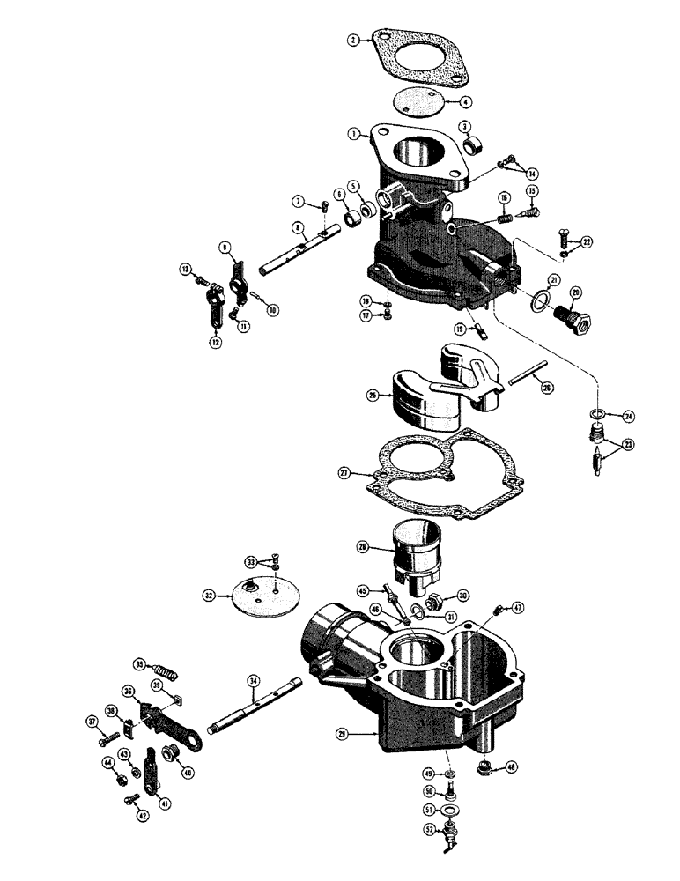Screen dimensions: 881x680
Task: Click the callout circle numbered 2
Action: point(353,40)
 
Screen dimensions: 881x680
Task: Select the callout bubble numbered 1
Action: point(353,135)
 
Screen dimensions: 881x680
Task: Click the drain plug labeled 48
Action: point(485,768)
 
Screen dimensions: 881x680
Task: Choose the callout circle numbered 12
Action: point(215,342)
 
